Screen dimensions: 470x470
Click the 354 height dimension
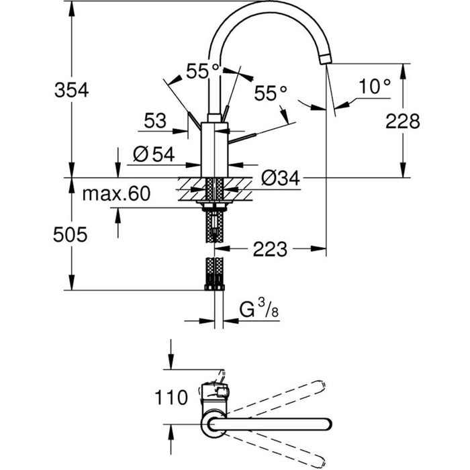[x=71, y=90]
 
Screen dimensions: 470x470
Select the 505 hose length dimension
[x=71, y=234]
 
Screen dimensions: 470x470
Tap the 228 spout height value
[x=402, y=121]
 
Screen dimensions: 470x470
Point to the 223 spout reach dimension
[x=270, y=249]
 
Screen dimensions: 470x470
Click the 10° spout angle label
[x=374, y=87]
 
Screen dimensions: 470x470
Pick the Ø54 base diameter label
[x=153, y=154]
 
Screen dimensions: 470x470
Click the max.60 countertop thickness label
[x=116, y=195]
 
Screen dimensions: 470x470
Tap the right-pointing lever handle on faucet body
[x=246, y=136]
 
